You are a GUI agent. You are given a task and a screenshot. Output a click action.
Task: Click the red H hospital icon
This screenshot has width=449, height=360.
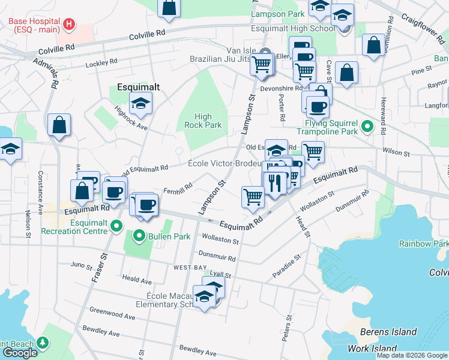(69, 25)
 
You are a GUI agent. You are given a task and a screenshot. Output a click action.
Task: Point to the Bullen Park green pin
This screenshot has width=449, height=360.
(140, 235)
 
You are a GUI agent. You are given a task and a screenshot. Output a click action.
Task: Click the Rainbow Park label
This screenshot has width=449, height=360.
(424, 244)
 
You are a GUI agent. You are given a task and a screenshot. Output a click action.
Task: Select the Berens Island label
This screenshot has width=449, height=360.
(388, 332)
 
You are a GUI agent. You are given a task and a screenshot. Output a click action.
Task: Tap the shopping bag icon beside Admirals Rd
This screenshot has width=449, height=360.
(59, 125)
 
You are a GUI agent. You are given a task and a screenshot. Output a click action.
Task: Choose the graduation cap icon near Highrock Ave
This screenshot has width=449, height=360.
(140, 103)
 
